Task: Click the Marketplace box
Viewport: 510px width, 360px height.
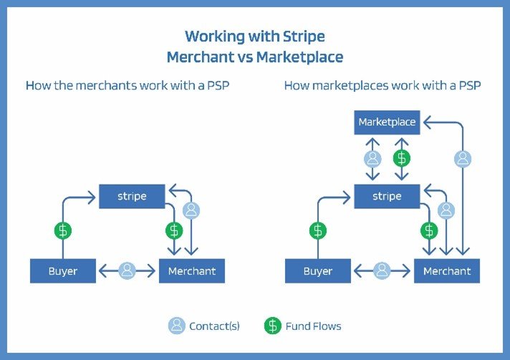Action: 387,122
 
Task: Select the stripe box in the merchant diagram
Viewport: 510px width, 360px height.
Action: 132,196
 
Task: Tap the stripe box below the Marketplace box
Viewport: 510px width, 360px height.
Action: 387,196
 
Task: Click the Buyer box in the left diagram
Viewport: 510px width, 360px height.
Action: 63,271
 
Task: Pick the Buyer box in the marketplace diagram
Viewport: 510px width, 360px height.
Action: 318,271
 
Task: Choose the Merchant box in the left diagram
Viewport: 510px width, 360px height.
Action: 192,271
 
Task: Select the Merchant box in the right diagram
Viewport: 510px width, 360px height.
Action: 447,271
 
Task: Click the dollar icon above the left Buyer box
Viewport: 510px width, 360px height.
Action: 63,230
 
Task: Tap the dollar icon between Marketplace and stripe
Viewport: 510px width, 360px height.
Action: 402,159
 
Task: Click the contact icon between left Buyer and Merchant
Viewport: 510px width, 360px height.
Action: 127,271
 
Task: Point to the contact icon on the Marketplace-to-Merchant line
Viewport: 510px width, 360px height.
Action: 463,159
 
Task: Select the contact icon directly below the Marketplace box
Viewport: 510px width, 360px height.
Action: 372,159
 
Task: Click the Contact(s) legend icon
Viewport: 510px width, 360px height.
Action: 177,326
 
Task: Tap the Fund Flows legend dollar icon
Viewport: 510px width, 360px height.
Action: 273,326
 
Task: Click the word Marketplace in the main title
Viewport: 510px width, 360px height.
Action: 299,57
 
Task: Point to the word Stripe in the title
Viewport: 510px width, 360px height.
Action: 304,37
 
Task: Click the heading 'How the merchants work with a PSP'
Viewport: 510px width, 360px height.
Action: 127,85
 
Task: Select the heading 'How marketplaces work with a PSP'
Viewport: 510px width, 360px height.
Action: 382,85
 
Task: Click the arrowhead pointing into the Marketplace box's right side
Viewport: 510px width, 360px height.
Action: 427,122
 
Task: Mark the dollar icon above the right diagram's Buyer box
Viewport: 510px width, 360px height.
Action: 318,230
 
